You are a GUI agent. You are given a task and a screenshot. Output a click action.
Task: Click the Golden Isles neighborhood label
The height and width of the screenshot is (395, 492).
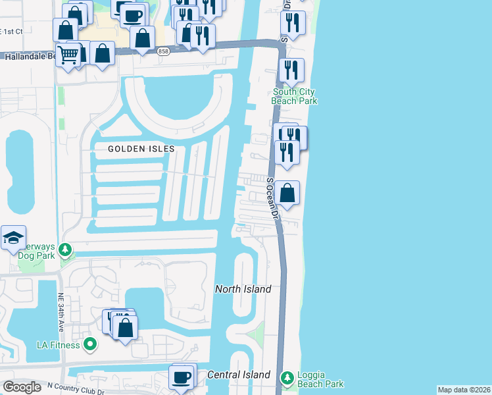click(141, 149)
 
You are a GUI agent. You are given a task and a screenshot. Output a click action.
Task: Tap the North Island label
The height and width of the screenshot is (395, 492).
click(243, 289)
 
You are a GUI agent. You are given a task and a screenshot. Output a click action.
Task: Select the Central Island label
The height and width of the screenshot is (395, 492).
click(238, 375)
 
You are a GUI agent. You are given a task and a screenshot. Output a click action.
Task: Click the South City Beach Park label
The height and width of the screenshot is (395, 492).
click(295, 97)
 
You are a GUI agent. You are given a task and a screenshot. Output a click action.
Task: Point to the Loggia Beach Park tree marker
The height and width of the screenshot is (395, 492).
click(287, 378)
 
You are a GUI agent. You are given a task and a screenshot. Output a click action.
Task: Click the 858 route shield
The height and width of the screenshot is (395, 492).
click(164, 51)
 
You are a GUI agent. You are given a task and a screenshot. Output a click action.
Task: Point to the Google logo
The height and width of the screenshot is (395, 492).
click(22, 387)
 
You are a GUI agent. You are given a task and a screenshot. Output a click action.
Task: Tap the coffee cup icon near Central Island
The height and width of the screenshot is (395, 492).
click(182, 377)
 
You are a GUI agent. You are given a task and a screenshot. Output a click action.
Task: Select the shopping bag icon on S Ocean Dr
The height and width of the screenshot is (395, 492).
click(287, 194)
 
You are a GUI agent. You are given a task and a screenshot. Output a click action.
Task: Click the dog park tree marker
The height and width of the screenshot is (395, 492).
click(64, 250)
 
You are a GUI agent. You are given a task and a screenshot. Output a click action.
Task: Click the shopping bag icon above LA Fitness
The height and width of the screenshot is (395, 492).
click(126, 327)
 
